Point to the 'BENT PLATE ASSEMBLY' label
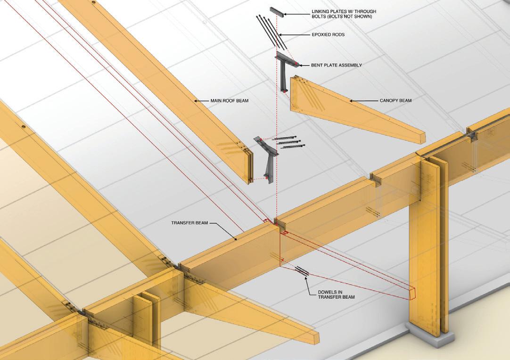[337, 65]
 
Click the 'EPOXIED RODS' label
[329, 34]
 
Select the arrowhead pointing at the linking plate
[285, 15]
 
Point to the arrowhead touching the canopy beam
[351, 100]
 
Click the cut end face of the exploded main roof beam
[249, 165]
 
